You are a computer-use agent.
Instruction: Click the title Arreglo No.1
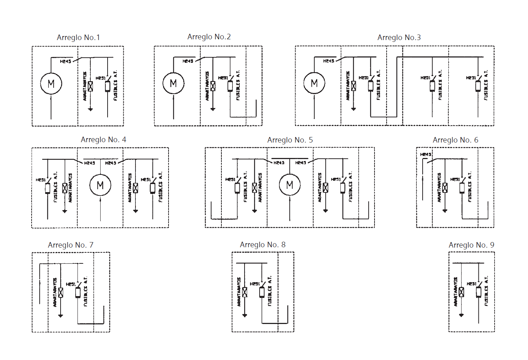click(78, 37)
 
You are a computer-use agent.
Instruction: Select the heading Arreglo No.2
click(209, 37)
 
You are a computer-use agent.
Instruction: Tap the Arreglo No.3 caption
click(399, 37)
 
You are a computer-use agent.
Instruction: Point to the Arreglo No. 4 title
click(103, 140)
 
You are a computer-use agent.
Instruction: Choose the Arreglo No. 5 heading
click(290, 140)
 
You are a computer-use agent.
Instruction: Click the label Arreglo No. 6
click(455, 140)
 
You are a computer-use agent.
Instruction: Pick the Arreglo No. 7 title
click(70, 245)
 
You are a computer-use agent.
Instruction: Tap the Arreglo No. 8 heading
click(263, 245)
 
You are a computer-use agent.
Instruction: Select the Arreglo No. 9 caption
click(471, 245)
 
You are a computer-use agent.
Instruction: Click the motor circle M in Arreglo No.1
click(51, 84)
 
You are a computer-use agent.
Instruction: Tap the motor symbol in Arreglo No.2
click(173, 83)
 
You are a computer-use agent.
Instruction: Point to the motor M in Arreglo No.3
click(314, 83)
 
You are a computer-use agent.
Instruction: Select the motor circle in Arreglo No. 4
click(100, 185)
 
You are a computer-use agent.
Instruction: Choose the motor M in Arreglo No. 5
click(290, 185)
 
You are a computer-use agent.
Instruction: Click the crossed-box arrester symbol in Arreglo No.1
click(90, 86)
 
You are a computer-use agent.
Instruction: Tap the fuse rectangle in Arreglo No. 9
click(478, 292)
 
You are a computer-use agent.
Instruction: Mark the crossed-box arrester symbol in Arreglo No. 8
click(245, 292)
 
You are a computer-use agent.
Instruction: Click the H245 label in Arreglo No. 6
click(426, 154)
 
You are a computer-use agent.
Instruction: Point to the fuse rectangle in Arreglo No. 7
click(78, 292)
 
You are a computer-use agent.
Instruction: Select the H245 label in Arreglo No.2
click(188, 61)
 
